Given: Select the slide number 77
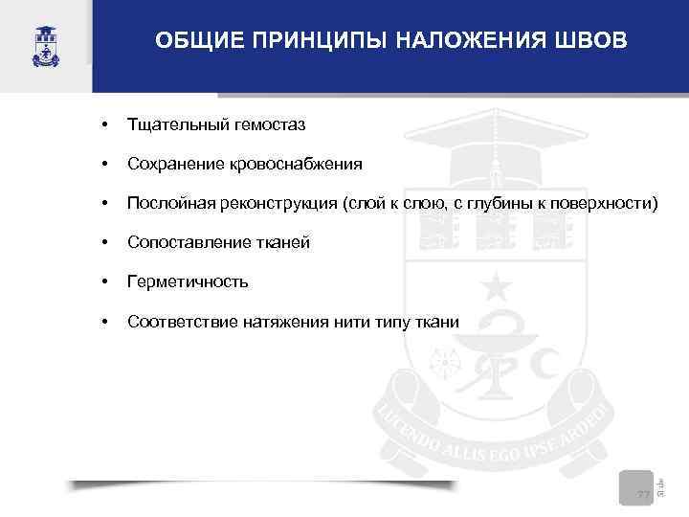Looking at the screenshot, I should tap(643, 494).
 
